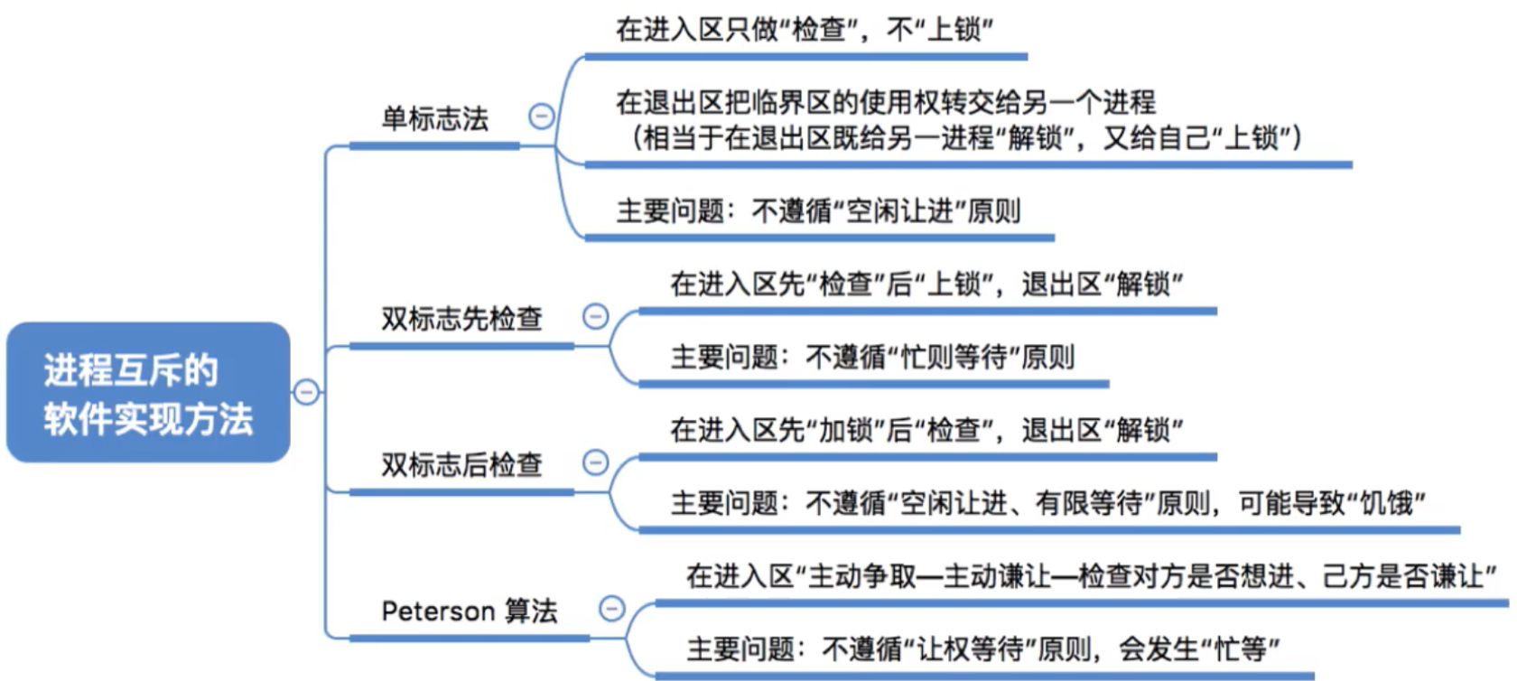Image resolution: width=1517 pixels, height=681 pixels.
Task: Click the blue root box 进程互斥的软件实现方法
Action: click(148, 393)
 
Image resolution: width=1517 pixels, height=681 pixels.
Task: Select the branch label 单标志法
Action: click(434, 118)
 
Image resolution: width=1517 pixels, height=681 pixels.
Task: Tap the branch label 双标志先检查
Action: click(461, 319)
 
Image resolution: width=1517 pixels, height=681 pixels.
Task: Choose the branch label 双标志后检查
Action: click(461, 464)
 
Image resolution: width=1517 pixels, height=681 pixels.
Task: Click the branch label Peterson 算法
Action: click(469, 611)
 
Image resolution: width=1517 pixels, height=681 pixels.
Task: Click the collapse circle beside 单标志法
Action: click(541, 116)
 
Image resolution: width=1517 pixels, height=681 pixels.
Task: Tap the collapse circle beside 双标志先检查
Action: click(595, 316)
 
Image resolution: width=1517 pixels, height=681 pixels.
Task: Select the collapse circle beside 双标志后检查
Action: click(595, 462)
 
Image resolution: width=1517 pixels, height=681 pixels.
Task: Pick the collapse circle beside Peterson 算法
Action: click(611, 609)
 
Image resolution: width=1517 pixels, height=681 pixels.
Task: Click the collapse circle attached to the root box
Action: click(306, 392)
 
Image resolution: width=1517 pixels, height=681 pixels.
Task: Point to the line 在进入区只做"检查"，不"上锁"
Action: click(804, 30)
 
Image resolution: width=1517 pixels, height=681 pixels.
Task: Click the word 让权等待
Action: click(971, 648)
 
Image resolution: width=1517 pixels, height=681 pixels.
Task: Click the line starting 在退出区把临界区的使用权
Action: click(885, 102)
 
